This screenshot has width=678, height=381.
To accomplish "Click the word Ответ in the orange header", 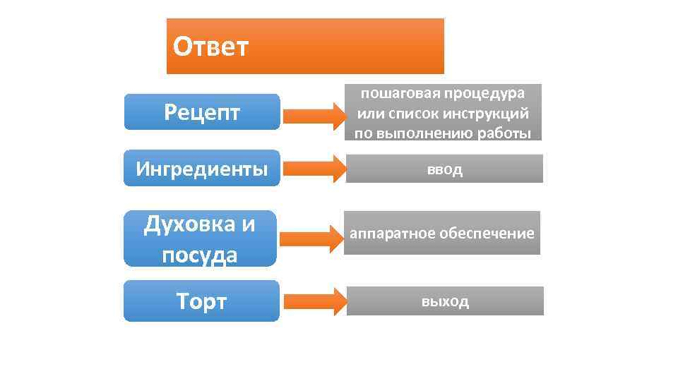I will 210,48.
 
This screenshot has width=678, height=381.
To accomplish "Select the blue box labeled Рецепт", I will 202,111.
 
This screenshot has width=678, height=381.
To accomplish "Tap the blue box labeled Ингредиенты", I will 202,169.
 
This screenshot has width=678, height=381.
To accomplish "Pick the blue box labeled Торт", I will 202,301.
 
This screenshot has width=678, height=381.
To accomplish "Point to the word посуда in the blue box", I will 199,254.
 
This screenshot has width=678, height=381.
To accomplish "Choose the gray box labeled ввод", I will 444,169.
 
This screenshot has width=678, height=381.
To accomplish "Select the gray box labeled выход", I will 445,301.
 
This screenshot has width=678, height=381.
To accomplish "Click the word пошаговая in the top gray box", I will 394,93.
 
